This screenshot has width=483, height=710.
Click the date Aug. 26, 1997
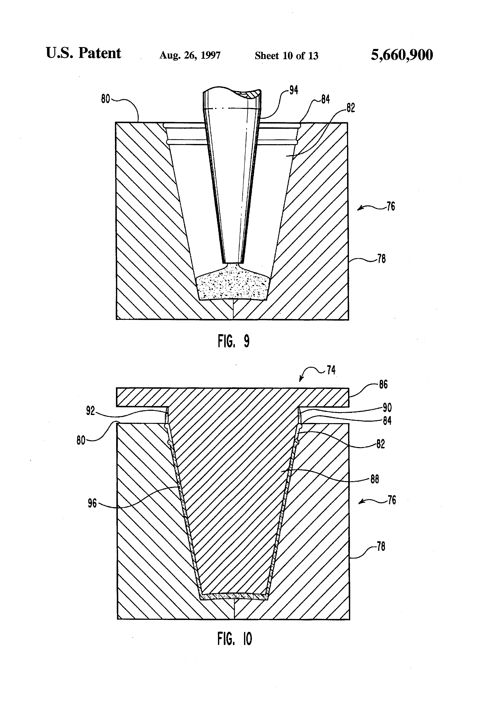point(190,55)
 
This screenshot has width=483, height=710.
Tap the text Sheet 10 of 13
point(286,56)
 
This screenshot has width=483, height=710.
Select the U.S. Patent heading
point(83,53)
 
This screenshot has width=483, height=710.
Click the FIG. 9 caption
point(234,341)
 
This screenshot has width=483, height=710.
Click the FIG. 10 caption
point(234,639)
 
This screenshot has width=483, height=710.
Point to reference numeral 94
point(294,90)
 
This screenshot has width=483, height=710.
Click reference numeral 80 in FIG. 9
point(105,99)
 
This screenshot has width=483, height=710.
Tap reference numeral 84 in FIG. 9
point(325,99)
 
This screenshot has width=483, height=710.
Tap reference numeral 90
point(387,407)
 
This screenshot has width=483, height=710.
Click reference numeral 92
point(90,411)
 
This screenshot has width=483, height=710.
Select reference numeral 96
point(92,503)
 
